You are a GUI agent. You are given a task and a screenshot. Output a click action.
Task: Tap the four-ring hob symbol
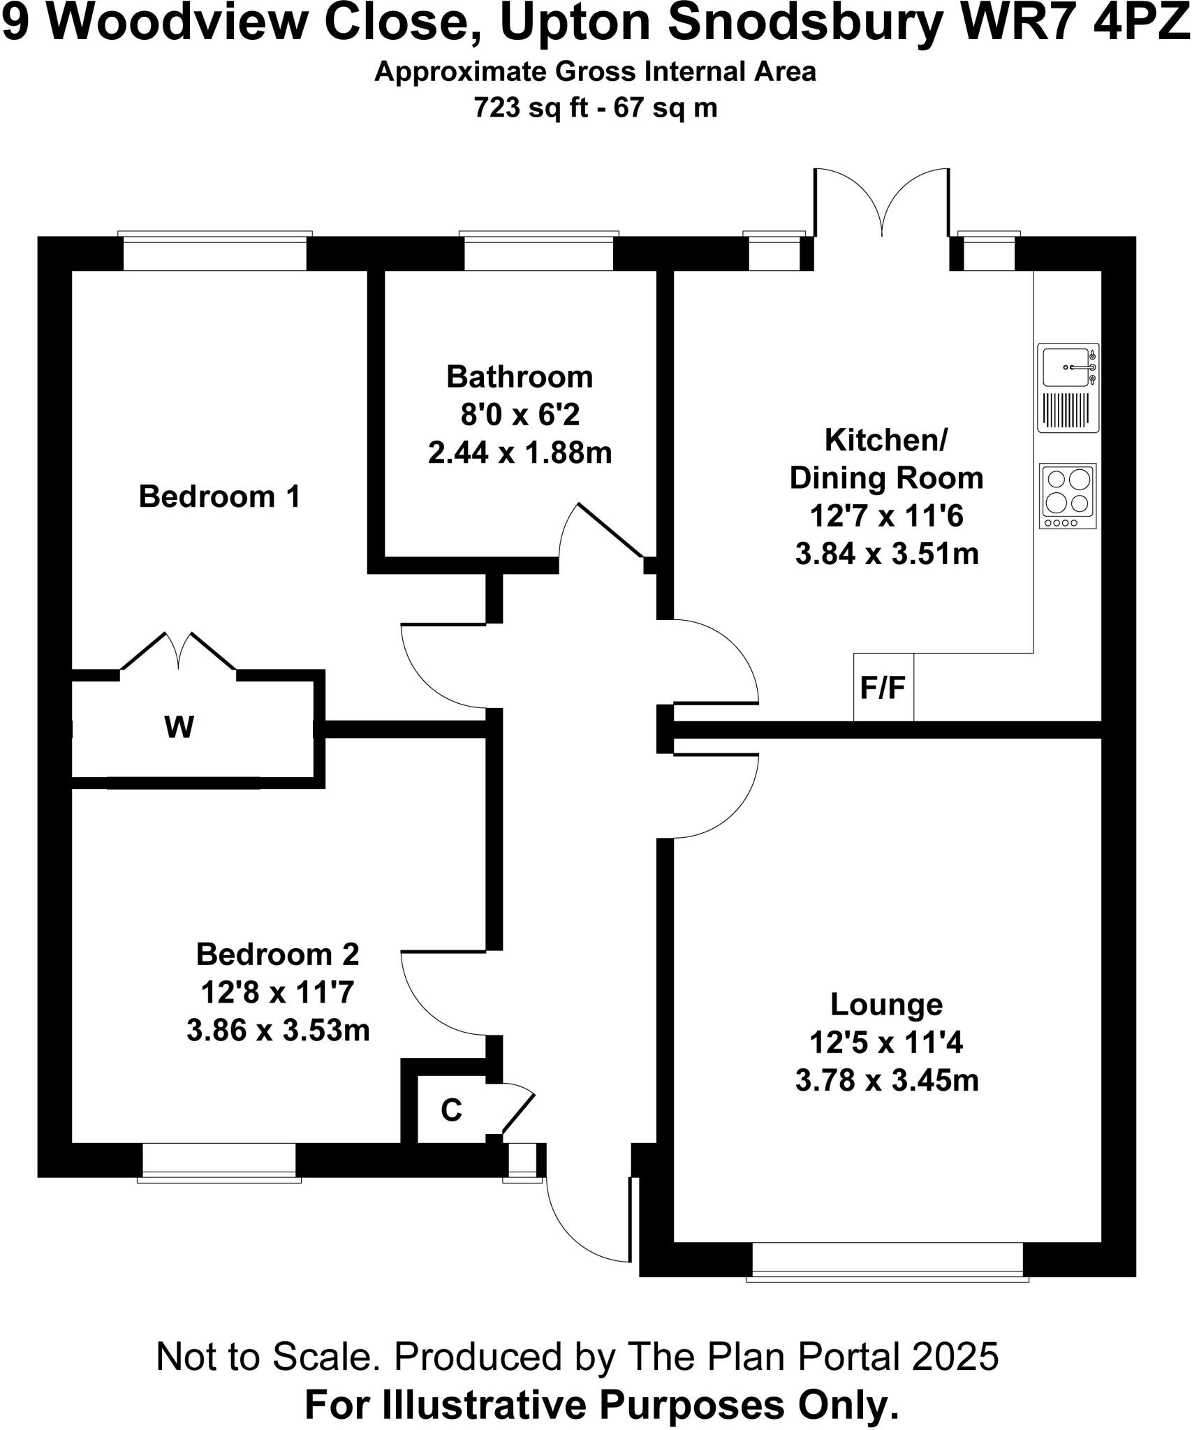click(x=1068, y=496)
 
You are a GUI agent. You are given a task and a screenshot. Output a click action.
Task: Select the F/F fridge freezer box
click(x=883, y=688)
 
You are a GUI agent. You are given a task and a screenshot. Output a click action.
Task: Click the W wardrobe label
click(x=179, y=728)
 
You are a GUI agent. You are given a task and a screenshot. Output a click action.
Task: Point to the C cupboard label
click(x=451, y=1110)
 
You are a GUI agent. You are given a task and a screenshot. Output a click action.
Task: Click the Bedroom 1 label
click(x=219, y=497)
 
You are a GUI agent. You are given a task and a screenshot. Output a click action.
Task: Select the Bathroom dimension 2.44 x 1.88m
click(x=520, y=453)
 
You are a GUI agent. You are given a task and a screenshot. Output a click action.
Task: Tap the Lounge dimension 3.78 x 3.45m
click(x=886, y=1080)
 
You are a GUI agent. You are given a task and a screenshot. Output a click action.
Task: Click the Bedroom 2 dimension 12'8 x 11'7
click(x=277, y=992)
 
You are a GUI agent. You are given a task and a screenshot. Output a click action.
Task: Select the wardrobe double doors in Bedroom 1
click(x=179, y=651)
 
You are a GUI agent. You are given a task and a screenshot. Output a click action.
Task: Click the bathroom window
click(x=538, y=251)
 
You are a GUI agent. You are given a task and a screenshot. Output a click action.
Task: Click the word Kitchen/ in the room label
click(x=885, y=441)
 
